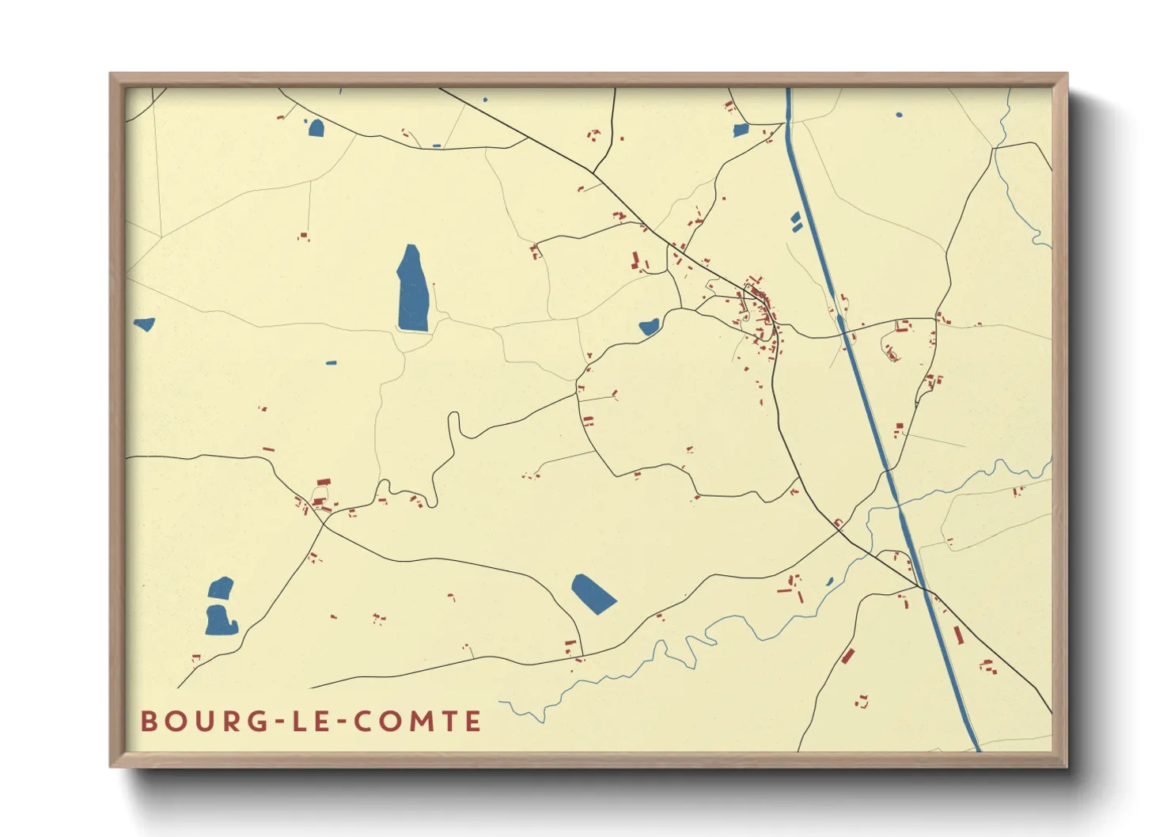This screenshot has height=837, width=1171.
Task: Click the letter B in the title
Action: (148, 721)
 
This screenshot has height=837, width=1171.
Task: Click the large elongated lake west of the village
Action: (412, 290)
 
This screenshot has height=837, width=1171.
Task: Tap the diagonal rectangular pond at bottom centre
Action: (593, 593)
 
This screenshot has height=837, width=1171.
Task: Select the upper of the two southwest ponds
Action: (221, 588)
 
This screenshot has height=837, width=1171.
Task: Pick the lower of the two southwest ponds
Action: (221, 620)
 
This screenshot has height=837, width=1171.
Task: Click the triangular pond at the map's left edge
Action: (144, 324)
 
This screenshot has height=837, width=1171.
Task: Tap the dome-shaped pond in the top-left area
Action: (316, 127)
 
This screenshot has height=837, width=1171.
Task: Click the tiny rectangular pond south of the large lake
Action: (331, 363)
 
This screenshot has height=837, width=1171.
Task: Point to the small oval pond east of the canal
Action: (899, 116)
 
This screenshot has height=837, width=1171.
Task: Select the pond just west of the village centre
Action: (649, 326)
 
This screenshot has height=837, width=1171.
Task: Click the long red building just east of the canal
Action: (958, 635)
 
